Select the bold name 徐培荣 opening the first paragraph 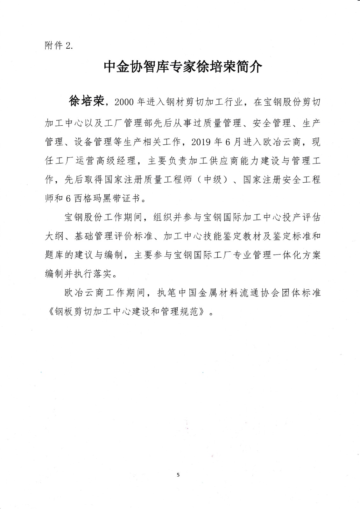coord(86,101)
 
